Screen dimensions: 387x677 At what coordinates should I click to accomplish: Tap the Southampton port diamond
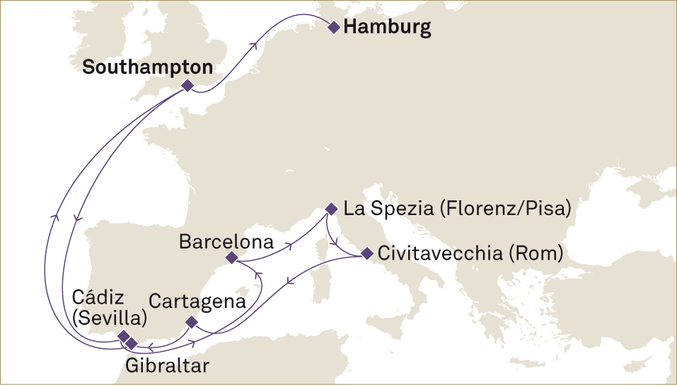[187, 85]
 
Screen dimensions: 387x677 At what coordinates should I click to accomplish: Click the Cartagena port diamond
[191, 322]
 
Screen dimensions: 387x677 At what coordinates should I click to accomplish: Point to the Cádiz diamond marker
[124, 335]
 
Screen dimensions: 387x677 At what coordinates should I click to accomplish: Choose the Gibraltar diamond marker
[132, 343]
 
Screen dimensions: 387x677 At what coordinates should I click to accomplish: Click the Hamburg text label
[386, 28]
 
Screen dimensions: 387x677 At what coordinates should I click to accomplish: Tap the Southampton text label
[148, 67]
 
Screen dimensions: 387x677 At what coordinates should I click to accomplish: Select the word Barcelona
[226, 242]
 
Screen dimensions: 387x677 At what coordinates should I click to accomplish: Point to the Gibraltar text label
[167, 366]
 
